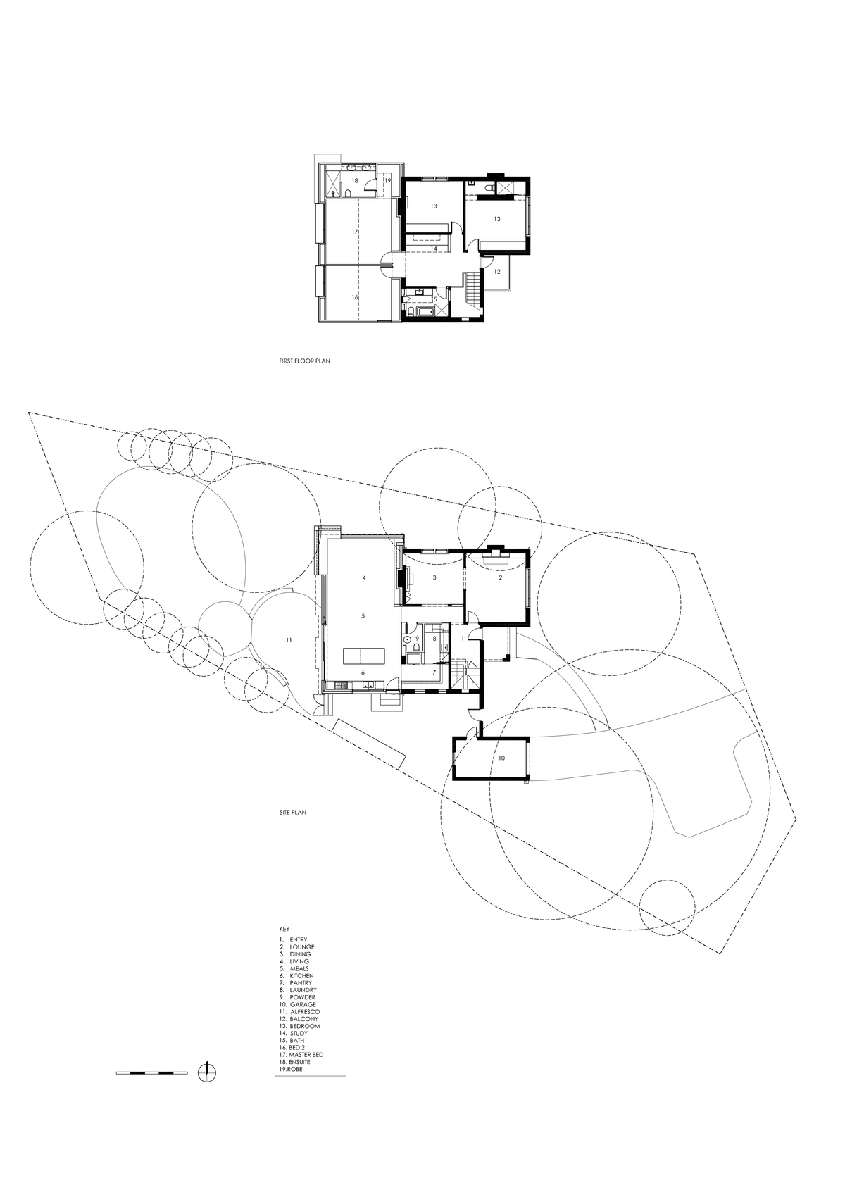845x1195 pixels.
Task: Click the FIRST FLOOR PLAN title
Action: [305, 361]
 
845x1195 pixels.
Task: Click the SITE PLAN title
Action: [293, 813]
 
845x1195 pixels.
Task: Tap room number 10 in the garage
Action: [501, 758]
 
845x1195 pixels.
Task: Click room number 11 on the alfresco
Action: [289, 639]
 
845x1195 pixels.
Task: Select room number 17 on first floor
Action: [354, 232]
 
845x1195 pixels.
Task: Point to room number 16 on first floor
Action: [355, 298]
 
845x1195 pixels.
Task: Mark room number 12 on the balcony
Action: [497, 272]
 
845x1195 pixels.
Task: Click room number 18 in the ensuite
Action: [355, 181]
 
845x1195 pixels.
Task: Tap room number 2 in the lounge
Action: [501, 577]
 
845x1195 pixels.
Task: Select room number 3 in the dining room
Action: [434, 577]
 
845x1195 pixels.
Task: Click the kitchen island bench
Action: [363, 655]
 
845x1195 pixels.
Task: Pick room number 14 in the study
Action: [434, 249]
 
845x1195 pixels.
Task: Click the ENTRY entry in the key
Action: [293, 939]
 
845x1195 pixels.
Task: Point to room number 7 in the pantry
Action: [434, 672]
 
